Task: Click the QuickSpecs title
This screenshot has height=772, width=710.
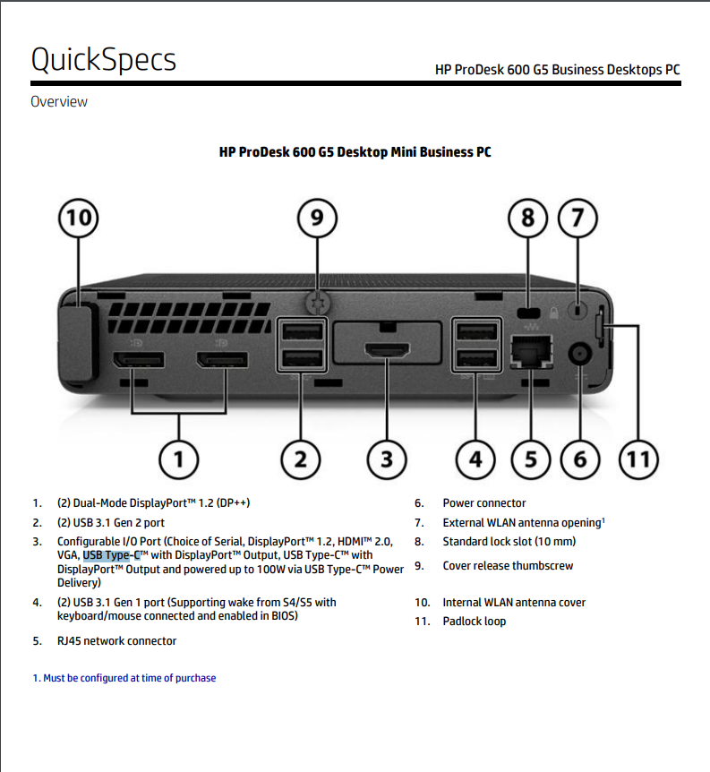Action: [x=103, y=59]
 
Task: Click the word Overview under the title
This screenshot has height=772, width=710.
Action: [x=59, y=101]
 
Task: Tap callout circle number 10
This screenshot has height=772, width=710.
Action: [x=79, y=218]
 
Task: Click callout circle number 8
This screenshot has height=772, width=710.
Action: [x=528, y=218]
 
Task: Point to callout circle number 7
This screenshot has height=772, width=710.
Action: [x=578, y=218]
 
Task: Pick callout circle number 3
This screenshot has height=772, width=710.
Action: [x=386, y=459]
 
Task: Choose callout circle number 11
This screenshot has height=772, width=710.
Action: [x=637, y=459]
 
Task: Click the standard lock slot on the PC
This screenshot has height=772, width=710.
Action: [x=530, y=313]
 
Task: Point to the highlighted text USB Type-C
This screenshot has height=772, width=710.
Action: [x=111, y=555]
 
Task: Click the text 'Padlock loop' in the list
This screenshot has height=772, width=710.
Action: [x=474, y=621]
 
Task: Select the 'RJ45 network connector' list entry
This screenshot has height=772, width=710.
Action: [x=116, y=640]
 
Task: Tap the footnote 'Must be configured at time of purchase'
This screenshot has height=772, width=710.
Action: [x=124, y=678]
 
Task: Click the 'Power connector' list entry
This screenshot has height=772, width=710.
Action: [x=483, y=503]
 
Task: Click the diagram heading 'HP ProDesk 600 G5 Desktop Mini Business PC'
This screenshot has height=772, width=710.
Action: [x=355, y=152]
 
